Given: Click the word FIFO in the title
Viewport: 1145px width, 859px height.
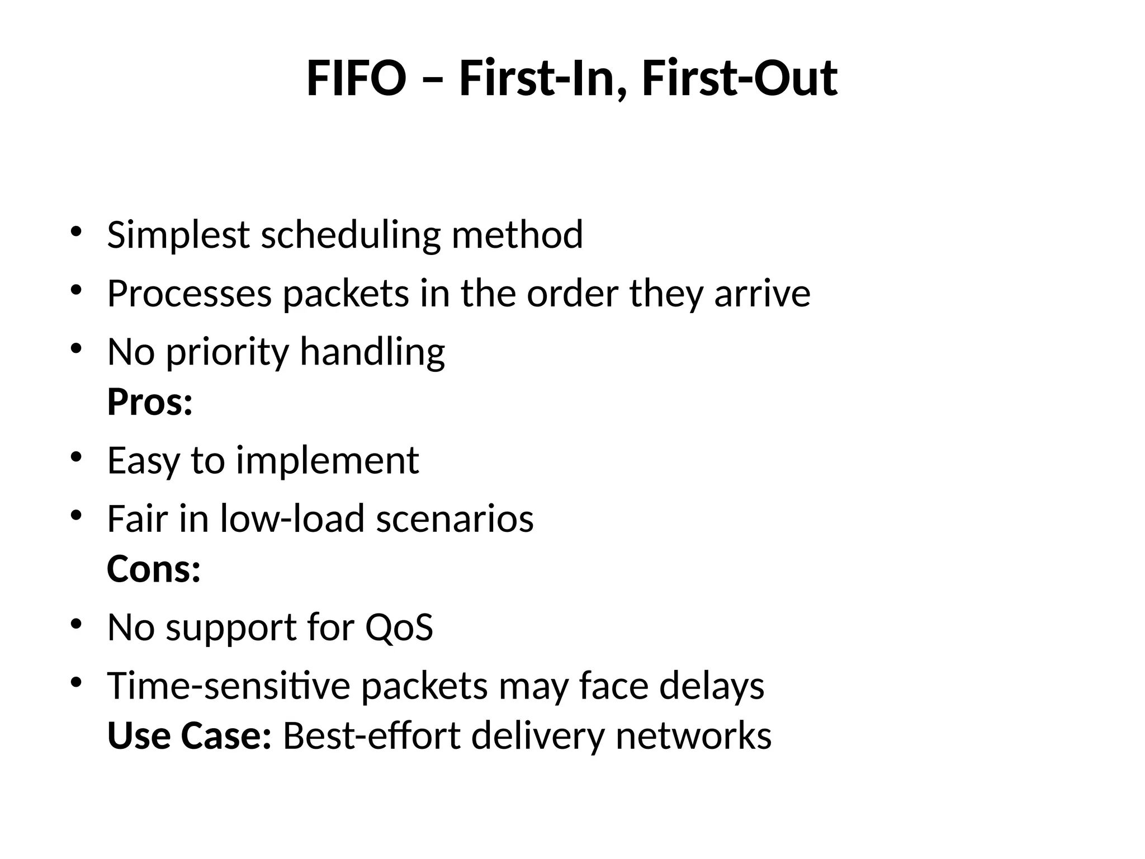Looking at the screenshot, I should coord(356,79).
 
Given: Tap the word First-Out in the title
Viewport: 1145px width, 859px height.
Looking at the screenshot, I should coord(739,79).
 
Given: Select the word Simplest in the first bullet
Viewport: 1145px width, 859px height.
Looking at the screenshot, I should coord(178,235).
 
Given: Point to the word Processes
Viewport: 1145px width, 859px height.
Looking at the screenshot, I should coord(190,294).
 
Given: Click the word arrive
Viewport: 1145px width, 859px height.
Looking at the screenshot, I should coord(762,294).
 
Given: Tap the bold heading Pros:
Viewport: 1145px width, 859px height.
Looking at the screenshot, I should coord(150,402).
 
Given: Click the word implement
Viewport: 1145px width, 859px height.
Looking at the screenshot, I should coord(327,461).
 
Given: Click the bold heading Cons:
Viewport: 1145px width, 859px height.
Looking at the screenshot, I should coord(154,569).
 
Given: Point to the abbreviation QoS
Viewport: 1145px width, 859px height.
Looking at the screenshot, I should coord(399,627).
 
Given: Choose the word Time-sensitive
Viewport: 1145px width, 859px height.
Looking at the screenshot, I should coord(229,686).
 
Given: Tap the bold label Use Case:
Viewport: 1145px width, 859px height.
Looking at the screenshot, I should coord(190,736).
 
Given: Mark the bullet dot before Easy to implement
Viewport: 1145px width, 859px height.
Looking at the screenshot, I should coord(77,457).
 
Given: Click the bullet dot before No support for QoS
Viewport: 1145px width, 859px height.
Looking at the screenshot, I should coord(77,624).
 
